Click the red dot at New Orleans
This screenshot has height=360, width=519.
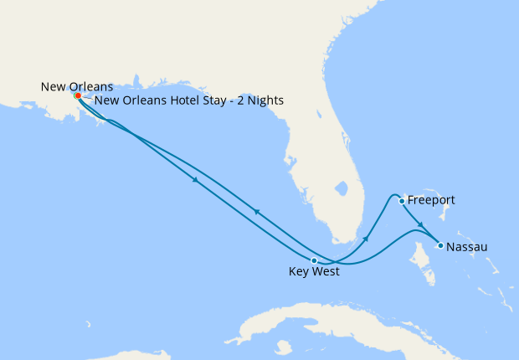[78, 95]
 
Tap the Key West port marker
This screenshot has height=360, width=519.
[314, 260]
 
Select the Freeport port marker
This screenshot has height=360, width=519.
[402, 201]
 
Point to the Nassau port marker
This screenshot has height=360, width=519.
[440, 246]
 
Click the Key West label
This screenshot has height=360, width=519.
[314, 272]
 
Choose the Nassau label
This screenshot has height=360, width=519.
[467, 247]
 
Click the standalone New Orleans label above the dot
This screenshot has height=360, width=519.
[77, 86]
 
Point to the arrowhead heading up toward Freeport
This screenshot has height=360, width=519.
[365, 239]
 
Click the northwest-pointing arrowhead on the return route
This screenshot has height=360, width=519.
[255, 213]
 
